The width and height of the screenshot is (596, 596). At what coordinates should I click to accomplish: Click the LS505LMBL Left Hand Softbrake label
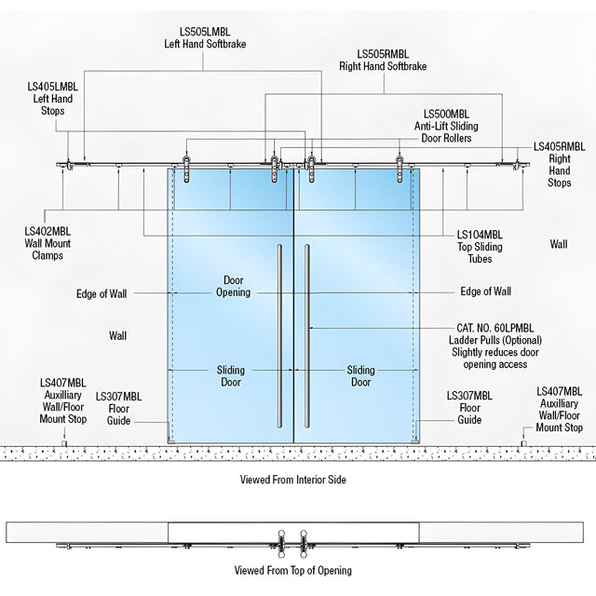pyautogui.click(x=205, y=37)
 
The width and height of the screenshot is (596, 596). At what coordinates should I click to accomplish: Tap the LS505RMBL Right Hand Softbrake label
pyautogui.click(x=383, y=60)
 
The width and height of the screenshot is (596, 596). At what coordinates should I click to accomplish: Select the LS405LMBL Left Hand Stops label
pyautogui.click(x=52, y=99)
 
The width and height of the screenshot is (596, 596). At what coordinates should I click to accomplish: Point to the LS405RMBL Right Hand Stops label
pyautogui.click(x=559, y=164)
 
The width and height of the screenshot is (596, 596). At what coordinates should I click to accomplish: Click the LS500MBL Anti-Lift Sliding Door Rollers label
pyautogui.click(x=446, y=126)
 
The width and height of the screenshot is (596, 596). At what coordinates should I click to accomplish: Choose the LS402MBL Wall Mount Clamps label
pyautogui.click(x=47, y=243)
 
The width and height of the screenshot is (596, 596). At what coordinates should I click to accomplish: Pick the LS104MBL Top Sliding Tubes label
pyautogui.click(x=480, y=247)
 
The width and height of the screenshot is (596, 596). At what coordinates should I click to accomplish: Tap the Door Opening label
pyautogui.click(x=234, y=286)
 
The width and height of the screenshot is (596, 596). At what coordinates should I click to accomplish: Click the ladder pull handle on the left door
pyautogui.click(x=279, y=336)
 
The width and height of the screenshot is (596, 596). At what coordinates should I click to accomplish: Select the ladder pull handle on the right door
pyautogui.click(x=306, y=336)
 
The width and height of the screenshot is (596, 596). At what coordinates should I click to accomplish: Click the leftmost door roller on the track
pyautogui.click(x=186, y=169)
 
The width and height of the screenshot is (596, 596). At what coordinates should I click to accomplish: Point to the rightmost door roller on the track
pyautogui.click(x=400, y=169)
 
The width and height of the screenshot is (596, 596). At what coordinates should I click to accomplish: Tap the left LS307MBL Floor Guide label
pyautogui.click(x=118, y=409)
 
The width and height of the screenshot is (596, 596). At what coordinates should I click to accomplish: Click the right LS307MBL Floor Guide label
pyautogui.click(x=469, y=408)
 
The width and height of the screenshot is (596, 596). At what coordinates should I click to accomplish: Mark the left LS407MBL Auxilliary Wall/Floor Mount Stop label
pyautogui.click(x=63, y=401)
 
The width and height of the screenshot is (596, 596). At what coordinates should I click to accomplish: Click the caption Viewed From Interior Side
pyautogui.click(x=293, y=480)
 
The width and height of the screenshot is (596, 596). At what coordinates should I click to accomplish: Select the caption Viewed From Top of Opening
pyautogui.click(x=293, y=571)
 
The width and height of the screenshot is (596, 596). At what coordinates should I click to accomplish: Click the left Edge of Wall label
pyautogui.click(x=102, y=294)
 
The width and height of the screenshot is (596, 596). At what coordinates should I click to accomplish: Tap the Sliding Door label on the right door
pyautogui.click(x=360, y=376)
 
